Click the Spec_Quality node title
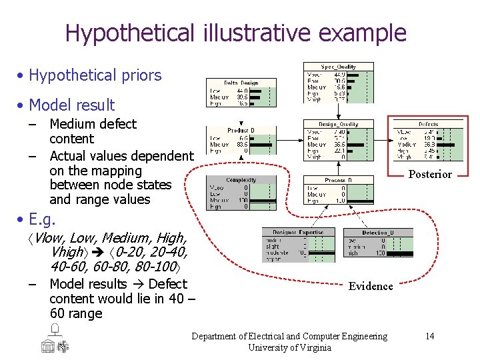pos(338,67)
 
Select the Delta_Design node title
pos(241,83)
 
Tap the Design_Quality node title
pos(338,124)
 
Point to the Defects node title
pos(428,124)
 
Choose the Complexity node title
pos(241,180)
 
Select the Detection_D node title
pos(377,232)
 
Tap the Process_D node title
pos(338,180)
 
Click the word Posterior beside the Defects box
pos(430,175)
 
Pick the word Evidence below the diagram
pos(371,286)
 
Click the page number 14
pos(429,336)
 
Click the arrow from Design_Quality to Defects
pos(383,141)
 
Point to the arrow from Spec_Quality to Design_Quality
pos(338,111)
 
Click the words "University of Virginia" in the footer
pos(289,347)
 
